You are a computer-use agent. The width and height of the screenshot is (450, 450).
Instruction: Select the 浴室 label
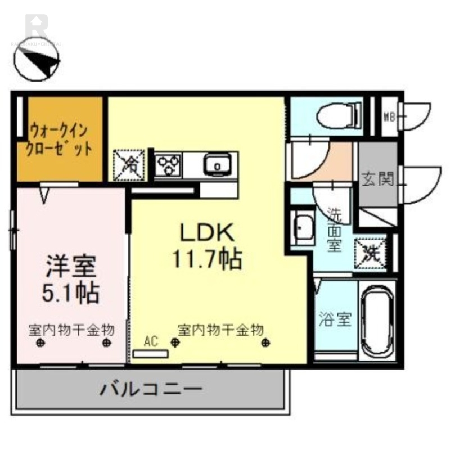click(336, 320)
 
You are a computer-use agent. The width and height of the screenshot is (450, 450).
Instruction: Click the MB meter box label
click(388, 117)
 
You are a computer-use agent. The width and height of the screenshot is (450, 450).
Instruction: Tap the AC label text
click(150, 340)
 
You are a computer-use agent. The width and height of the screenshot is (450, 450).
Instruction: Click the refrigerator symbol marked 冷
click(130, 165)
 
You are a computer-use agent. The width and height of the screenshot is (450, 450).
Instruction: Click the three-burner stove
click(167, 165)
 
